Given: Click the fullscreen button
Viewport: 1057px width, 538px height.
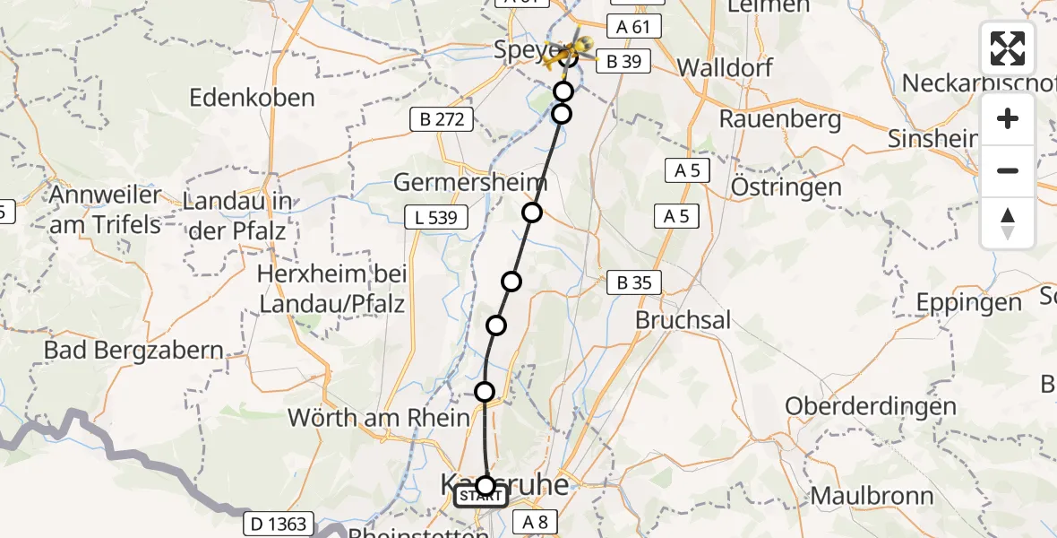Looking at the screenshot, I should tap(1008, 48).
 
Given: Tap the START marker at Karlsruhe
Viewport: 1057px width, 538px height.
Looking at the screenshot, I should tap(482, 496).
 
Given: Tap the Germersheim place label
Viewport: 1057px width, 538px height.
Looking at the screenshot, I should tap(470, 183).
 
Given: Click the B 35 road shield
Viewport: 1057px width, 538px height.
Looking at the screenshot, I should tap(633, 283).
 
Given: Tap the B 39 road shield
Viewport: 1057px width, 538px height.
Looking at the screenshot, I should tap(623, 61).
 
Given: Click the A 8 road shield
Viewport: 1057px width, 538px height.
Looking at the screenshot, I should tap(536, 522).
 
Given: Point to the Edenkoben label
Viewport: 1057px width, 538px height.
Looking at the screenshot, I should tap(252, 98).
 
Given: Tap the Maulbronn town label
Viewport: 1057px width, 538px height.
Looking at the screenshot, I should tap(872, 496).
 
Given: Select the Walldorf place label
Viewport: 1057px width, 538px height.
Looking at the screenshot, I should tap(726, 67).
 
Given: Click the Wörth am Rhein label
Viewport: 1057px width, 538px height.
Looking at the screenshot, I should tap(378, 417).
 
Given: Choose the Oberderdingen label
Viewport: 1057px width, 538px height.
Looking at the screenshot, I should tap(871, 406).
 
